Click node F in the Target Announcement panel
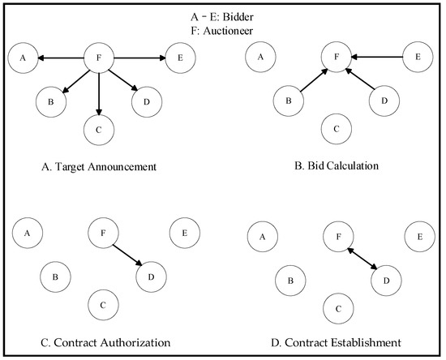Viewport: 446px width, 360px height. pyautogui.click(x=98, y=58)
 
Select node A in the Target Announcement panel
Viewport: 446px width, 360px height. pyautogui.click(x=24, y=58)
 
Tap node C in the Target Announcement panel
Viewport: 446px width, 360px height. pyautogui.click(x=98, y=127)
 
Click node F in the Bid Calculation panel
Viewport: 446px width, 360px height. pyautogui.click(x=337, y=58)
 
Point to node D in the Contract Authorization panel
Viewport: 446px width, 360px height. pyautogui.click(x=149, y=277)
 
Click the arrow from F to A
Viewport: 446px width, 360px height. pyautogui.click(x=61, y=58)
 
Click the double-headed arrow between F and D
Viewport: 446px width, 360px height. pyautogui.click(x=363, y=259)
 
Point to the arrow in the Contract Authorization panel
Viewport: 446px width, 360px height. pyautogui.click(x=126, y=255)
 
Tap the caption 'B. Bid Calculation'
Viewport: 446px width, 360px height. pyautogui.click(x=337, y=165)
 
